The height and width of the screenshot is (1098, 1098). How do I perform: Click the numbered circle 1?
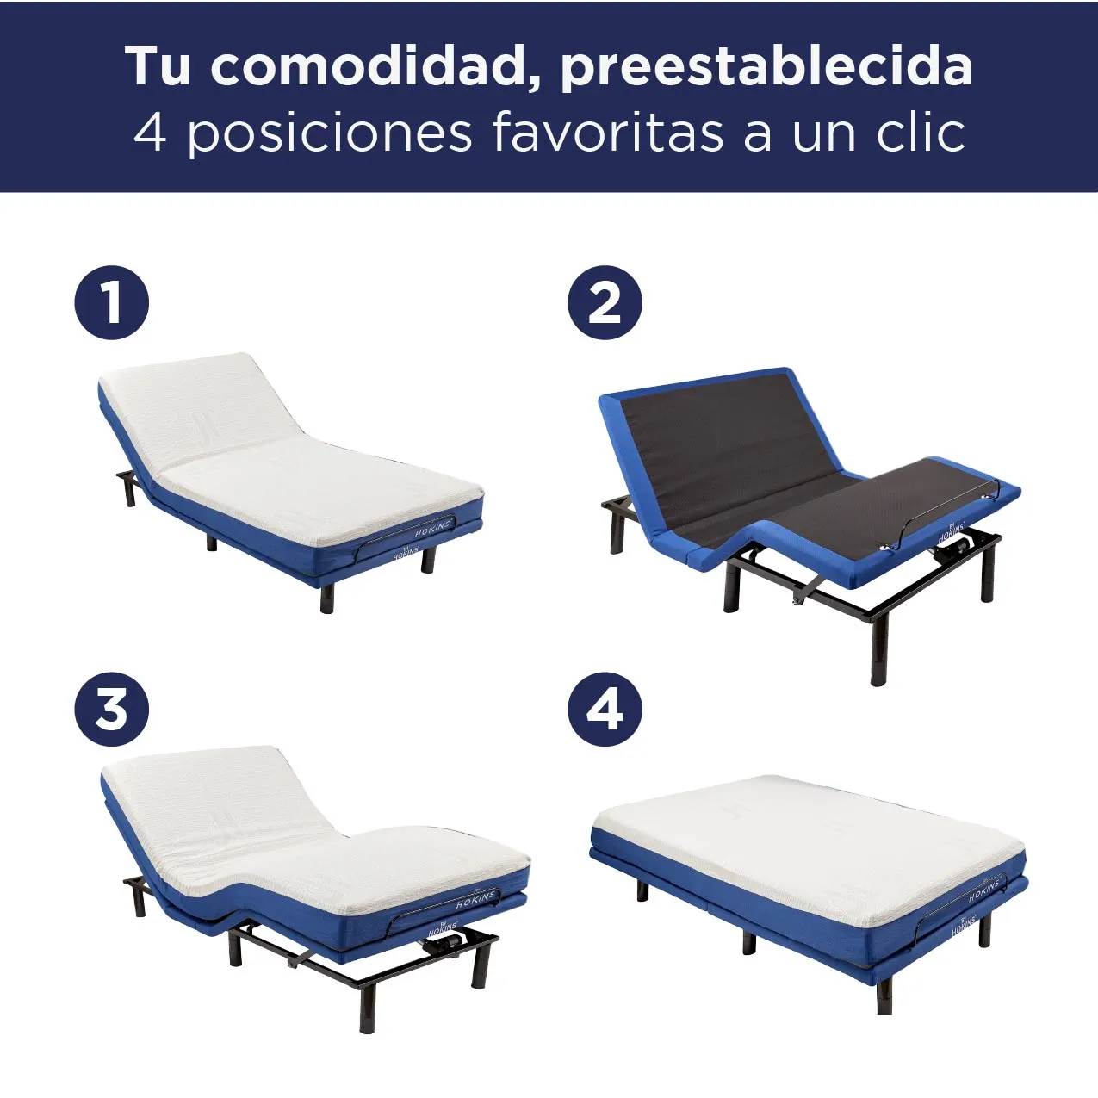click(112, 302)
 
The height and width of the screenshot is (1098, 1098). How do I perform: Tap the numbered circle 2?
click(605, 302)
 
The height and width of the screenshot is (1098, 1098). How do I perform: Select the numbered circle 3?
click(112, 710)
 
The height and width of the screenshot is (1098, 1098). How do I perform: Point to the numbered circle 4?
click(605, 710)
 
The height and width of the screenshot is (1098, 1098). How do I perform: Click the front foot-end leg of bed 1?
click(326, 595)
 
